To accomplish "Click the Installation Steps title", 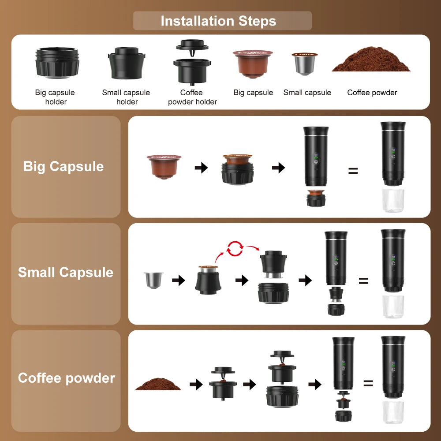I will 218,21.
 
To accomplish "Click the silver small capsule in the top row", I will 305,63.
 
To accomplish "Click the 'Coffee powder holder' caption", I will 192,97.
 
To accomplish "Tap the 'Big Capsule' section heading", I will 64,166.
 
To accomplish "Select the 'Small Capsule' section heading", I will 66,272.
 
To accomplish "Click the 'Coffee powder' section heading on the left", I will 67,378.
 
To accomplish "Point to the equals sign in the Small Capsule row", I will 363,280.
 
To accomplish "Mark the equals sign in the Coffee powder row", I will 368,383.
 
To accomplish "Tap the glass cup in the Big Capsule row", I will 392,201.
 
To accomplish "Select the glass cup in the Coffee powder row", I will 393,412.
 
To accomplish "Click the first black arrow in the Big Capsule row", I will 201,168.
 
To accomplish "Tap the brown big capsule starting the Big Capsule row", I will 164,166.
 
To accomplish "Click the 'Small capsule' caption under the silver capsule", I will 307,93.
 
